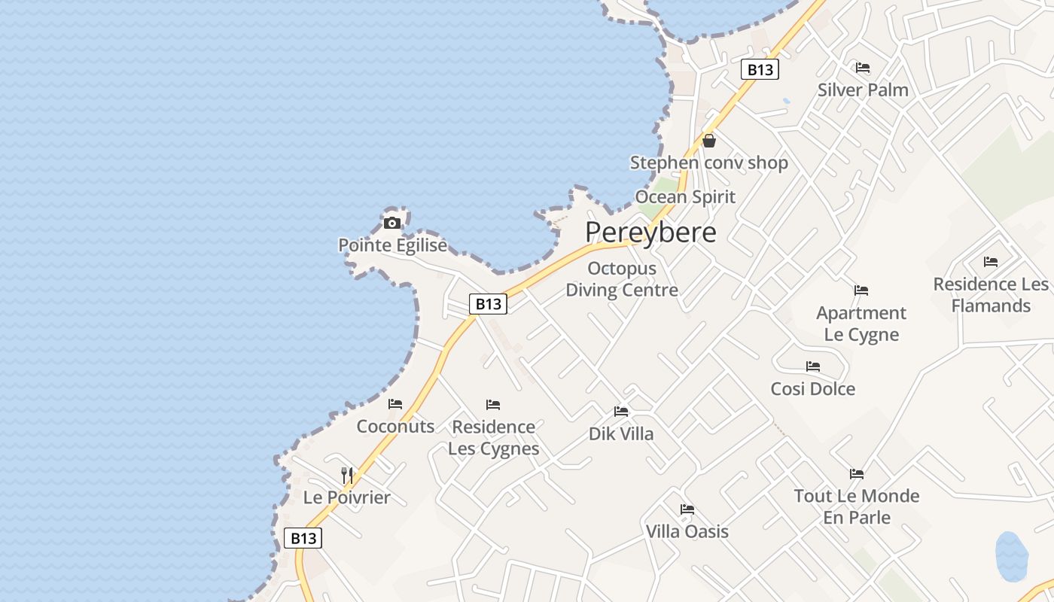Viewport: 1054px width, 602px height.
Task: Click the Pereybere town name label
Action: [650, 233]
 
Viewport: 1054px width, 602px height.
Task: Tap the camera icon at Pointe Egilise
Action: [391, 223]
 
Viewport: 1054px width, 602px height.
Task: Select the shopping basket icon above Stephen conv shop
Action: [708, 141]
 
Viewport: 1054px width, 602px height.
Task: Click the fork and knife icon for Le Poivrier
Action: [347, 475]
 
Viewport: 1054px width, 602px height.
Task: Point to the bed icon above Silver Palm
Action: [863, 68]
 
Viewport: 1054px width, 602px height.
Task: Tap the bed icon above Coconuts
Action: [395, 404]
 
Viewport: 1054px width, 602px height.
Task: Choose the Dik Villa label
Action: [621, 433]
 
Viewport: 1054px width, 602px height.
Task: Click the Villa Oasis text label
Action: [687, 531]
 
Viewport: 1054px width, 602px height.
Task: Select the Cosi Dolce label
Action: [812, 388]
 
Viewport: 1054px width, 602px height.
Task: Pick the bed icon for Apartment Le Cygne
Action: [861, 290]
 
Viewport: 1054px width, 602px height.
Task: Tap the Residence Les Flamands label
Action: [991, 295]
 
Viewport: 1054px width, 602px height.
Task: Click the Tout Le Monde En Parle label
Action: [857, 506]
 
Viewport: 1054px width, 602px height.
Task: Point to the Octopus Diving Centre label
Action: [622, 279]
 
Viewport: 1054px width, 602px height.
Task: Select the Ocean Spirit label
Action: [685, 197]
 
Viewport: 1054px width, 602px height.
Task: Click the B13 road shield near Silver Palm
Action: [760, 70]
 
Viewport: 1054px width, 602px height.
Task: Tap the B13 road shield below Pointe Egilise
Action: [488, 304]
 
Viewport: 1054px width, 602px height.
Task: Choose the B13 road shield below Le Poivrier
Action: [303, 538]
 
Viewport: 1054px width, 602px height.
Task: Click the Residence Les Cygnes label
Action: [494, 437]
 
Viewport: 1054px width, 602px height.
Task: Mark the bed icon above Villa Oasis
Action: [687, 509]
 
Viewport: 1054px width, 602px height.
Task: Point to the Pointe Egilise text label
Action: [392, 245]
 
